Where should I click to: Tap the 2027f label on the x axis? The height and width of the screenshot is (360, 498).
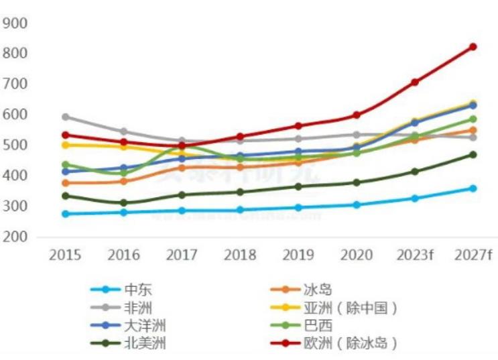click(x=473, y=255)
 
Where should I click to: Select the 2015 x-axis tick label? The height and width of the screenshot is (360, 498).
click(x=66, y=255)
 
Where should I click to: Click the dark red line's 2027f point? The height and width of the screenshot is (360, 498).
click(x=473, y=47)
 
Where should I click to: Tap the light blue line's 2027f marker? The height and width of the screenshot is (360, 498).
click(x=473, y=188)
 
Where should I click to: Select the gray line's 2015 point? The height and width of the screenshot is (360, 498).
click(x=66, y=117)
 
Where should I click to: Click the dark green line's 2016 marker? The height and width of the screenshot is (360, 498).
click(x=123, y=202)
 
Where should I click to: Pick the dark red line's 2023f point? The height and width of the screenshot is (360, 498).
click(x=415, y=82)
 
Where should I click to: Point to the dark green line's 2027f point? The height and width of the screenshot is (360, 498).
click(x=473, y=154)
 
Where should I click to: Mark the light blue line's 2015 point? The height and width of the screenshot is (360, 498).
click(x=66, y=214)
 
